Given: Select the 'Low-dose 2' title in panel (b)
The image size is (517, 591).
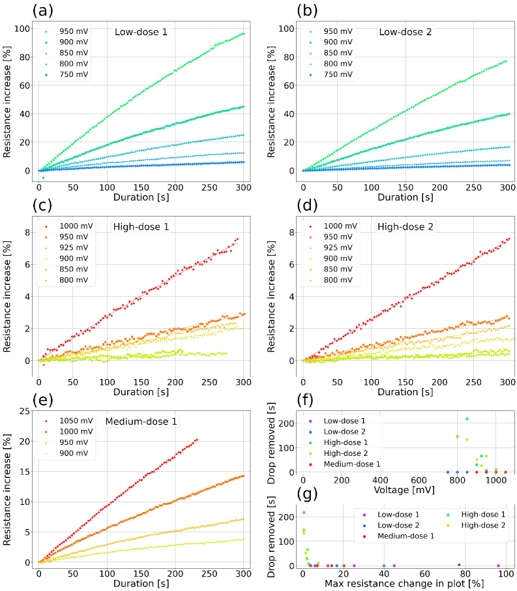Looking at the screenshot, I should [404, 31].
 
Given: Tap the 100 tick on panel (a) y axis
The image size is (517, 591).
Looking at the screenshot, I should [25, 29].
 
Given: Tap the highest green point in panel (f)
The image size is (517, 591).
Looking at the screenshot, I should [467, 419].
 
